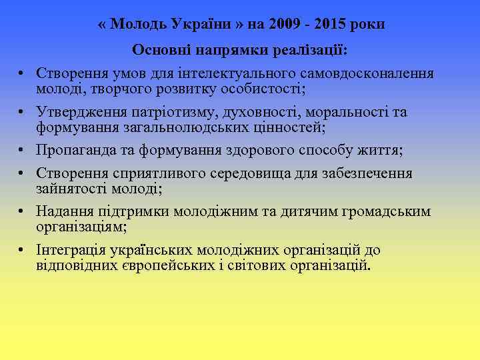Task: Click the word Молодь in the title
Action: coord(139,25)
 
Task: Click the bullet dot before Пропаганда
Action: coord(22,150)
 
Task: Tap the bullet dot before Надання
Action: coord(22,213)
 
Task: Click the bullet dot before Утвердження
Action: coord(22,112)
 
